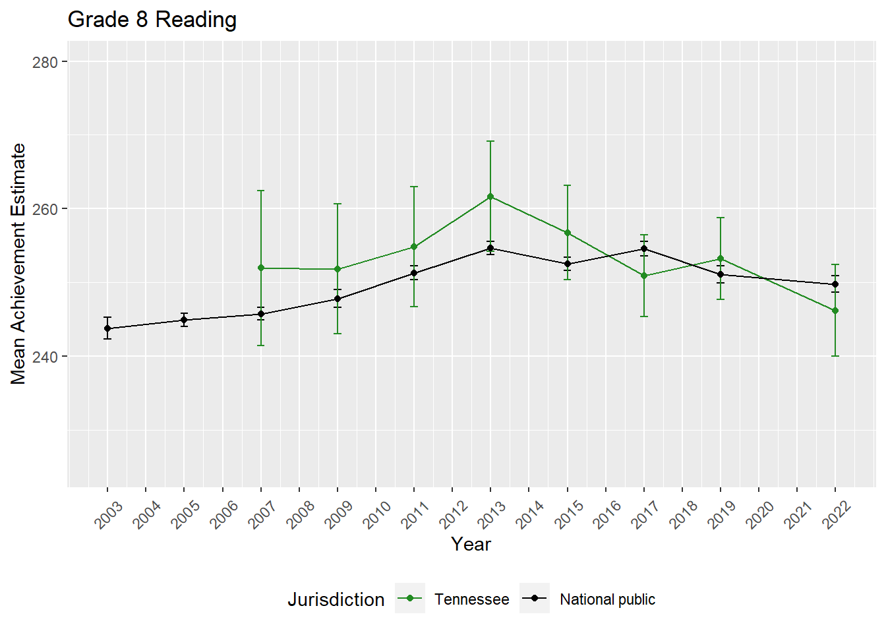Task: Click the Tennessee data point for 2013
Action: point(490,196)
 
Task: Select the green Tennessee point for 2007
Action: point(261,268)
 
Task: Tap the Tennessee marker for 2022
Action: point(835,311)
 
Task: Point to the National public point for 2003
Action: point(107,328)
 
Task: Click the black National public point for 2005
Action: point(184,320)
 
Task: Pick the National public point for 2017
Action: point(644,249)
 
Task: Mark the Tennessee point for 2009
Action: point(338,269)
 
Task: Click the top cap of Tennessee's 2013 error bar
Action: point(490,141)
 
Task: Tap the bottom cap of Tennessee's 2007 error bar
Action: point(261,346)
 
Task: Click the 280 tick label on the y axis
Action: point(45,62)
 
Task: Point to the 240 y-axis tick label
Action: point(45,357)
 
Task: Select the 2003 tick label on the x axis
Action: point(109,514)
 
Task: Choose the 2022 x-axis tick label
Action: point(837,514)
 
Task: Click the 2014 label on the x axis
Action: point(530,514)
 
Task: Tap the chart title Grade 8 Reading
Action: point(152,20)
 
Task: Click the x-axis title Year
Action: point(471,544)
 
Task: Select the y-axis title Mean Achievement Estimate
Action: point(18,264)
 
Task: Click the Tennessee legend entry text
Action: point(471,599)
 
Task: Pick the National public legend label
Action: point(607,599)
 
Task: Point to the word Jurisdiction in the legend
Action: point(336,599)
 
